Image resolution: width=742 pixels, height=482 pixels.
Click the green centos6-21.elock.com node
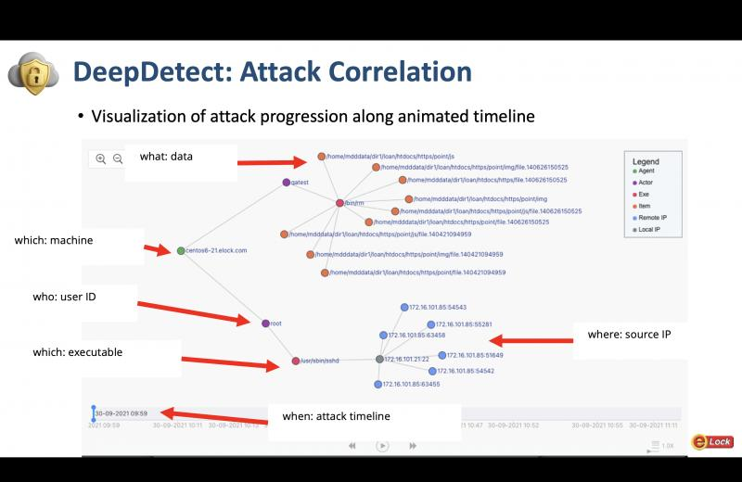click(x=181, y=250)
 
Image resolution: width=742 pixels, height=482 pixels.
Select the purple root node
click(x=265, y=323)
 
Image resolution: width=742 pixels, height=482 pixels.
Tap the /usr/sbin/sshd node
click(x=296, y=361)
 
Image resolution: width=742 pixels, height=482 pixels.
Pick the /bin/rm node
click(x=340, y=203)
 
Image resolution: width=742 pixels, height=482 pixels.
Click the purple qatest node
click(x=286, y=183)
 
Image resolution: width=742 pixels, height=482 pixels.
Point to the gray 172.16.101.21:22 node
click(x=379, y=359)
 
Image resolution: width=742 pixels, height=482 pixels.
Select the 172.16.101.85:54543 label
click(x=438, y=307)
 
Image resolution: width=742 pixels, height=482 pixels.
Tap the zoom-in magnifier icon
click(x=101, y=159)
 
